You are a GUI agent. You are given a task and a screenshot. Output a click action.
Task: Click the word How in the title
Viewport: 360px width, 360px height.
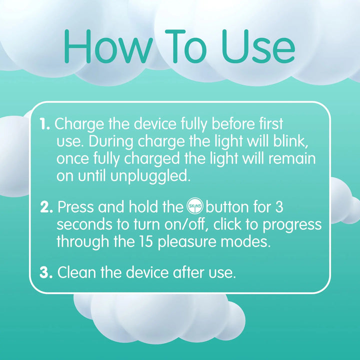[108, 46]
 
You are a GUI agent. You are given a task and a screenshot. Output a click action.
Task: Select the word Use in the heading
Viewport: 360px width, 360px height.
[258, 46]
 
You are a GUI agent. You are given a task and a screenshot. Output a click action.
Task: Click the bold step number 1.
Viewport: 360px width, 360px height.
[44, 124]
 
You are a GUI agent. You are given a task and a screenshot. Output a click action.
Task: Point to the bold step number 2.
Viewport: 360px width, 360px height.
[46, 207]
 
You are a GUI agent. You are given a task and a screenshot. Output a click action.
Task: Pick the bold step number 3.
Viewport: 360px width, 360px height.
[46, 272]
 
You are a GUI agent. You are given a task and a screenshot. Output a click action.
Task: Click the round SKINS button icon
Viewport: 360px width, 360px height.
[195, 206]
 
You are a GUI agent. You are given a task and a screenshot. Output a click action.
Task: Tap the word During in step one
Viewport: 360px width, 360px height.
[111, 141]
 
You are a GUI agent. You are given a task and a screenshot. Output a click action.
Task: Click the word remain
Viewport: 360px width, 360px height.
[292, 158]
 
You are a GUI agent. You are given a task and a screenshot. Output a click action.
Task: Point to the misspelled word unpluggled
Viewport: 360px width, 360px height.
[150, 176]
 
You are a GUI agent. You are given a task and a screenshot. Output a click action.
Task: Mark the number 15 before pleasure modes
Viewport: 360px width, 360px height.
[146, 241]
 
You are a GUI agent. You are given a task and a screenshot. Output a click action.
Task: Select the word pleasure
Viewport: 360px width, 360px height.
[187, 242]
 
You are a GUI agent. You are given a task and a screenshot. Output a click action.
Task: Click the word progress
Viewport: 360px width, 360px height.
[292, 225]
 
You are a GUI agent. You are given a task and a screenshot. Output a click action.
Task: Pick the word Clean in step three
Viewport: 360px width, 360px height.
[76, 272]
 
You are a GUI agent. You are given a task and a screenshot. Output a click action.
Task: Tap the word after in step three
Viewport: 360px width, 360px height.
[189, 272]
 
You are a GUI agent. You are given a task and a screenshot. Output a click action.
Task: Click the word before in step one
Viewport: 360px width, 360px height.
[233, 124]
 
